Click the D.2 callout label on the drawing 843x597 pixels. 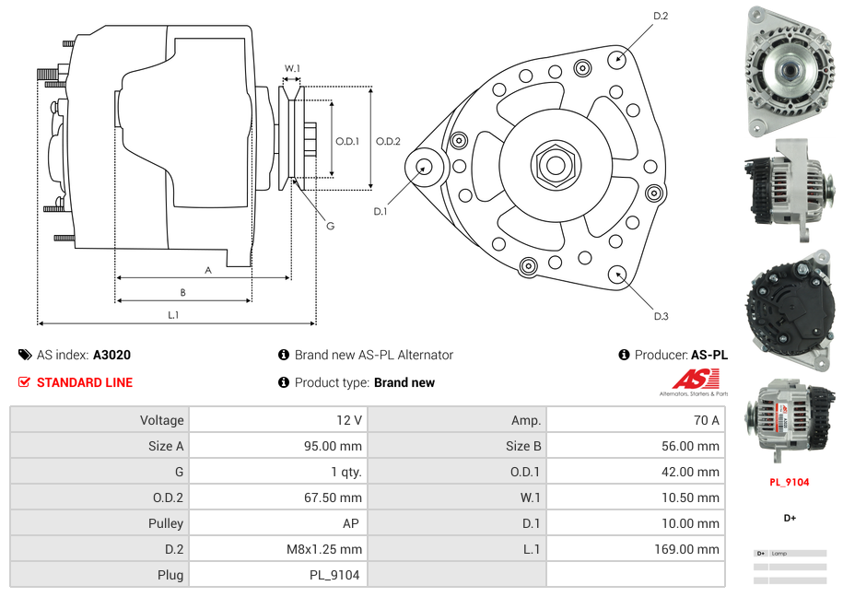click(x=661, y=16)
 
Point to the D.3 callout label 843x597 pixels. click(x=661, y=316)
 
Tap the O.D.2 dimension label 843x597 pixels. click(x=388, y=141)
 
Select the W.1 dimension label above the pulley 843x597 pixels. click(x=292, y=68)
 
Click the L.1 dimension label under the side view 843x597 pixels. click(x=173, y=315)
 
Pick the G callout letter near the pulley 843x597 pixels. click(x=330, y=226)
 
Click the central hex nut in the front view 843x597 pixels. click(x=555, y=164)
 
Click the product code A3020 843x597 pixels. click(x=111, y=355)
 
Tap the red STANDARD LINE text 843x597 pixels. click(x=84, y=382)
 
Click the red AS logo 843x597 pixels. click(x=695, y=379)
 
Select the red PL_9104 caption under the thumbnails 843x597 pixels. click(x=790, y=482)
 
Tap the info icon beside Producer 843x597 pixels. click(x=624, y=355)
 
